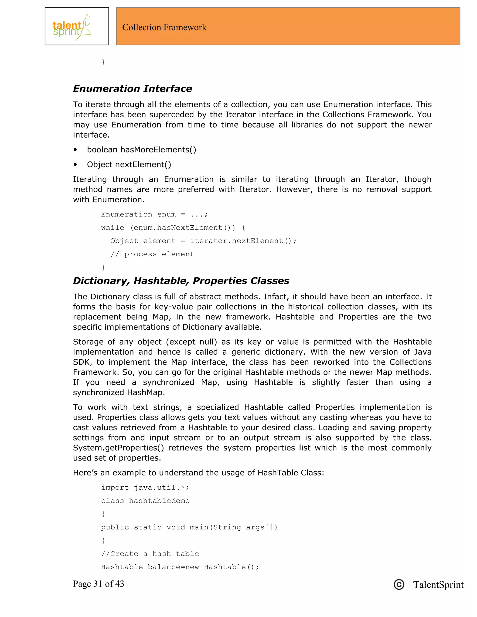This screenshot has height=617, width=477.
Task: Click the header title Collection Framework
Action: coord(164,27)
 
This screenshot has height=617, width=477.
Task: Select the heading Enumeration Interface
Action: coord(132,88)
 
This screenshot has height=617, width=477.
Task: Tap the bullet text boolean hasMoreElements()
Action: coord(141,149)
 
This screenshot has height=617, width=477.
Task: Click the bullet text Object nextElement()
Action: coord(129,164)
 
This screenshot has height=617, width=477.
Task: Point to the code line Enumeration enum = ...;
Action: coord(154,214)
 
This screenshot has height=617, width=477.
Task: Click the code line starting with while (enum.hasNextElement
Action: coord(173,228)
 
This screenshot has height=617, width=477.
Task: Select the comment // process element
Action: coord(152,254)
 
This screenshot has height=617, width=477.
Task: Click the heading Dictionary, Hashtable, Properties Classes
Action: coord(181,281)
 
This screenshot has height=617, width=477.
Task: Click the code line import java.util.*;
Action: coord(145,488)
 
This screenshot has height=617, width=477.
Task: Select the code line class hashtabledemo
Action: coord(145,501)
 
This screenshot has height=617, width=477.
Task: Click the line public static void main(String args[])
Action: coord(189,527)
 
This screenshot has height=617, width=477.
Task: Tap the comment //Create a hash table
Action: coord(150,554)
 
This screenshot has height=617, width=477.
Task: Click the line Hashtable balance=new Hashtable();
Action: coord(180,567)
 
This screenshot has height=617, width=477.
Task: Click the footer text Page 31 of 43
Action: coord(98,584)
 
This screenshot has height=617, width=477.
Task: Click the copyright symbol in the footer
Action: coord(399,584)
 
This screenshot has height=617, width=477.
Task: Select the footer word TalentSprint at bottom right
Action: coord(438,584)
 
